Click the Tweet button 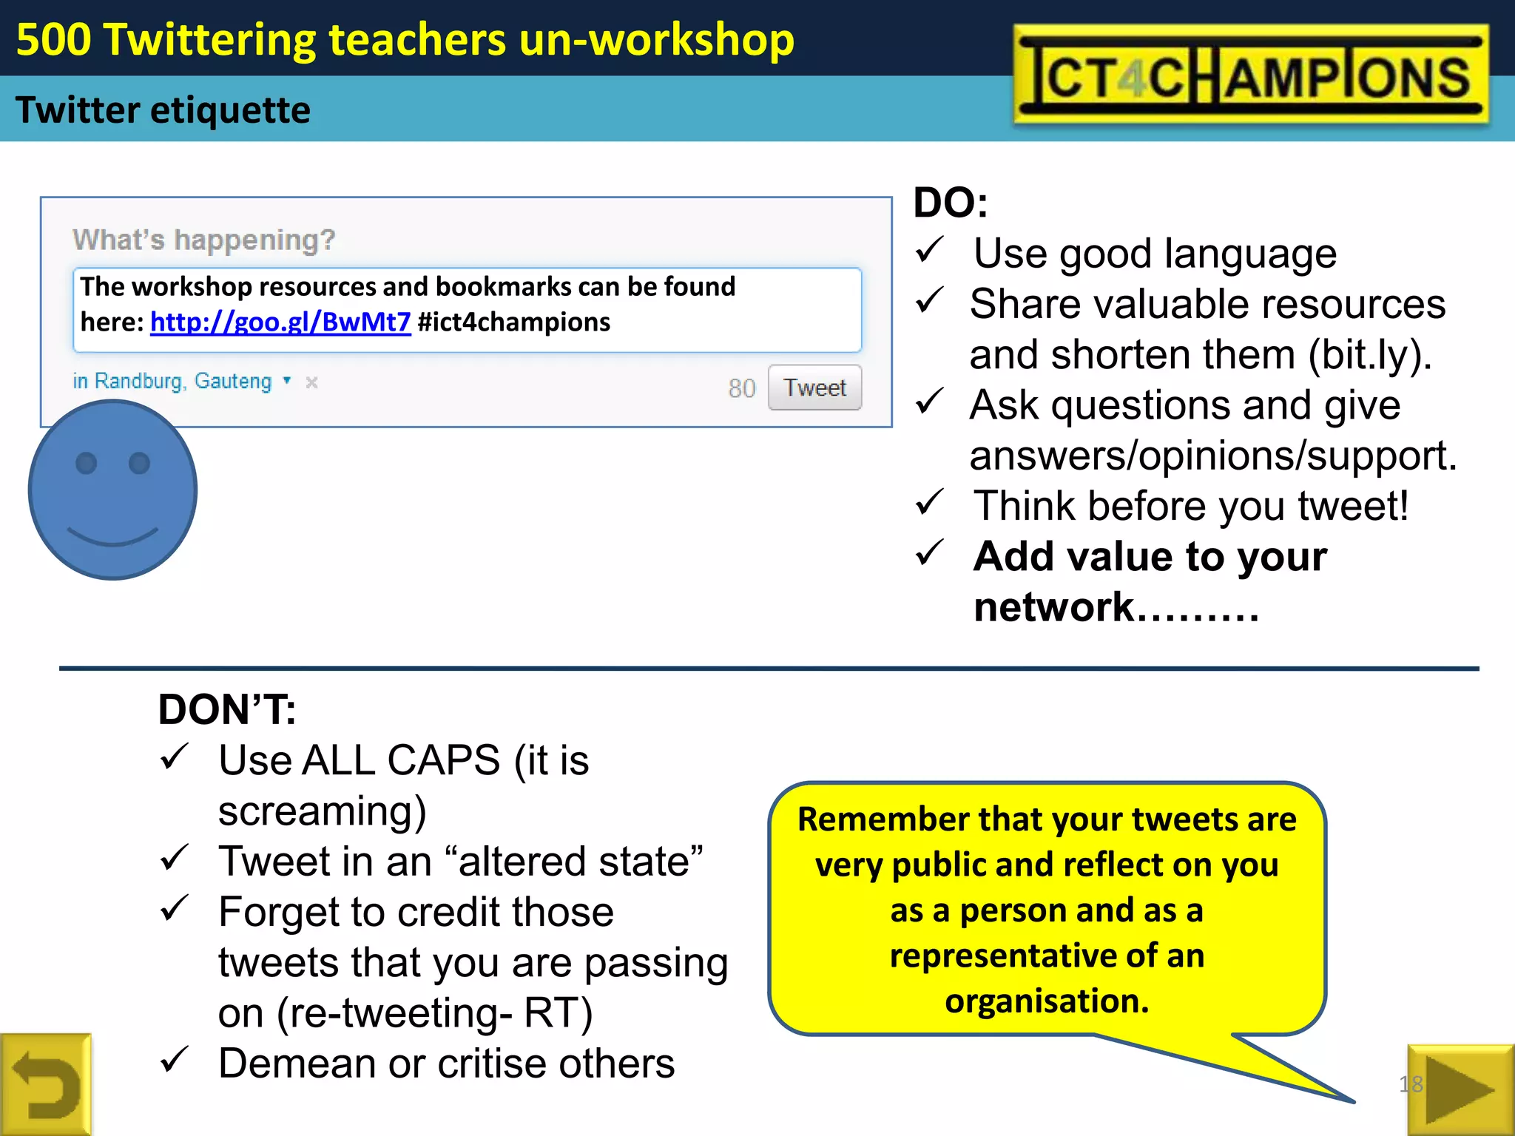click(x=814, y=388)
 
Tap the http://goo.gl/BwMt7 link click(x=280, y=322)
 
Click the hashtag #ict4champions click(x=514, y=322)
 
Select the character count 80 click(x=741, y=388)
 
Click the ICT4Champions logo click(x=1250, y=75)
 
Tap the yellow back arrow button click(x=46, y=1085)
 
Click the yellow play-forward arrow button click(x=1460, y=1089)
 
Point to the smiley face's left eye click(x=87, y=463)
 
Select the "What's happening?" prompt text click(x=203, y=240)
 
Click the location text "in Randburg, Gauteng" click(x=172, y=381)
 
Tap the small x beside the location click(x=312, y=382)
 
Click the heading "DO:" click(x=951, y=203)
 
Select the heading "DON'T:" click(x=227, y=709)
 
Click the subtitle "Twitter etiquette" click(x=163, y=110)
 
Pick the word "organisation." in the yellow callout click(x=1047, y=1001)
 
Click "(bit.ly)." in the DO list click(x=1370, y=355)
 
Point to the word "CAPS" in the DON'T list click(x=444, y=760)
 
